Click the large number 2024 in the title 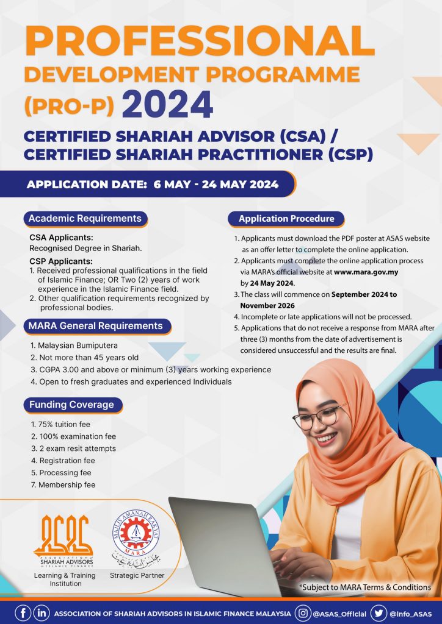pos(167,104)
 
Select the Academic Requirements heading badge pos(85,219)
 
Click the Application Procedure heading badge pos(286,219)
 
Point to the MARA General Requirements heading pos(95,326)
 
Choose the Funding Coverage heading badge pos(71,405)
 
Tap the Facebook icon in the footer pos(22,613)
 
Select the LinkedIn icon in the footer pos(42,613)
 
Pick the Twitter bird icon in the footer pos(379,613)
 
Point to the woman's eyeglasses pos(319,417)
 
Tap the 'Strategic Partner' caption pos(137,575)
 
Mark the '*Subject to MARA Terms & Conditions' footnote pos(365,587)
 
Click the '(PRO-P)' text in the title pos(69,106)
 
